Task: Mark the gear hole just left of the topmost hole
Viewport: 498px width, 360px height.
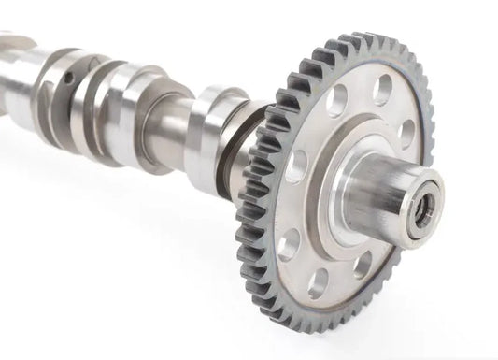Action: coord(337,97)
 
